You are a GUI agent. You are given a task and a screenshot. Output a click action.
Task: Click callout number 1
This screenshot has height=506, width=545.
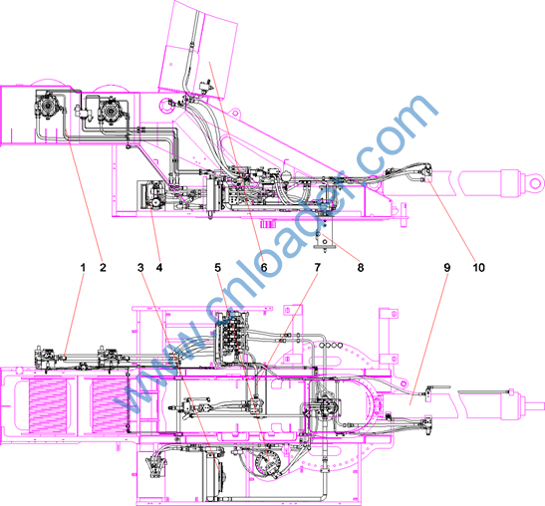[x=83, y=268]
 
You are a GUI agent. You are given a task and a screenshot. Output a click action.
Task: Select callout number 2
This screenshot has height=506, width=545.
[x=103, y=268]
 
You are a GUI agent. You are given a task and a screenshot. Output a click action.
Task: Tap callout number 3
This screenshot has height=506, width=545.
[x=140, y=268]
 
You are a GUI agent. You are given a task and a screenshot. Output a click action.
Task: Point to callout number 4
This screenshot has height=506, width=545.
[x=159, y=268]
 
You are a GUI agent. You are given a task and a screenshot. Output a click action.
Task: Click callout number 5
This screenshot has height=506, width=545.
[x=217, y=268]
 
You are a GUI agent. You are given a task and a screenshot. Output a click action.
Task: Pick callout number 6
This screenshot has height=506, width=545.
[x=264, y=268]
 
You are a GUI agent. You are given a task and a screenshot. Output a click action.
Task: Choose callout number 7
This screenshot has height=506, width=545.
[x=318, y=268]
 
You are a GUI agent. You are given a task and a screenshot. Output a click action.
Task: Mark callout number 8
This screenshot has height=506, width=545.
[x=361, y=268]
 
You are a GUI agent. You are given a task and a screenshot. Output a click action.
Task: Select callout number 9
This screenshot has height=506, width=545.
[x=447, y=268]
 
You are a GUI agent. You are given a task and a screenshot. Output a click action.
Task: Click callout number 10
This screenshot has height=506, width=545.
[x=478, y=268]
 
